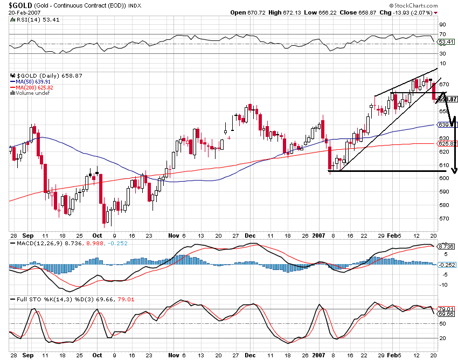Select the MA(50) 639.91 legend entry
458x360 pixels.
click(33, 82)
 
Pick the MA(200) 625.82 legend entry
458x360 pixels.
click(35, 87)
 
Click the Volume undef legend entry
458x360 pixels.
click(32, 93)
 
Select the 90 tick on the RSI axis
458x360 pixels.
click(443, 25)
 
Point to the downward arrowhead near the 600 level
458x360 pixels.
click(454, 171)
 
